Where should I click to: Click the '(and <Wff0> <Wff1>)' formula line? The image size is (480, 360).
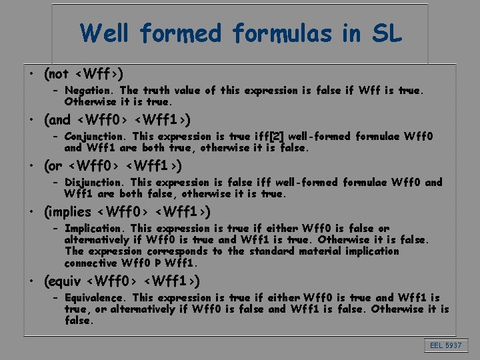click(x=117, y=120)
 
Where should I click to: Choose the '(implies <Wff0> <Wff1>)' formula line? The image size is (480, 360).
click(x=127, y=212)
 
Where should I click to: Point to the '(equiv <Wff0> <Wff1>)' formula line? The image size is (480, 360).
click(x=122, y=281)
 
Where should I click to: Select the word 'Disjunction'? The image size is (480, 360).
click(x=95, y=182)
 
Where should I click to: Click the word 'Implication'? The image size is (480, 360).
click(x=95, y=228)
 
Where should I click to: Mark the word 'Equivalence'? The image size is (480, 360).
click(x=96, y=297)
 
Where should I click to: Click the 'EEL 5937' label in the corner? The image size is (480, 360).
click(x=445, y=345)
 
